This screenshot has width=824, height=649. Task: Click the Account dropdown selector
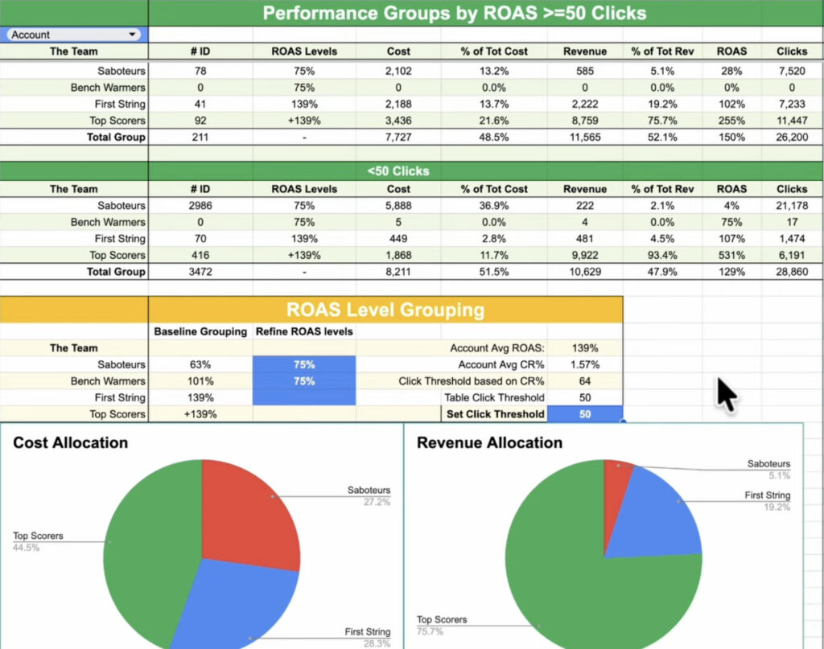tap(74, 35)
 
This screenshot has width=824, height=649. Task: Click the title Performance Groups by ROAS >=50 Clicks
tap(455, 13)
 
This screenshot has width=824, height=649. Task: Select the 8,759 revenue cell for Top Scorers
tap(585, 121)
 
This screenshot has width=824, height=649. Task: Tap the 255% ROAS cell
tap(731, 121)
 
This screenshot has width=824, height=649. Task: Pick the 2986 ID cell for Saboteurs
tap(200, 206)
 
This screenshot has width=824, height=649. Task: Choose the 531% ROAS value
tap(731, 255)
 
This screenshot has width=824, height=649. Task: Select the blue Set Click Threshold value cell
tap(585, 414)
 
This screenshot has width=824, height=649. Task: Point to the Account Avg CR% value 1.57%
tap(585, 365)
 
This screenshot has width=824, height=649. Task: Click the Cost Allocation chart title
tap(71, 443)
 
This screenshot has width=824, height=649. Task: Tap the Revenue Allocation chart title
tap(489, 443)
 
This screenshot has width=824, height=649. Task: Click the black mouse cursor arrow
tap(727, 394)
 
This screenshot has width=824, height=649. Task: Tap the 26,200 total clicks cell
tap(792, 138)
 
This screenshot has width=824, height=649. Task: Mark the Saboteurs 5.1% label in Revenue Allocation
tap(768, 469)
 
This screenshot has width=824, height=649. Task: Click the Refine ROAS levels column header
tap(304, 331)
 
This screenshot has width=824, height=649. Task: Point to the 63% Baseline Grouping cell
tap(200, 365)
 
